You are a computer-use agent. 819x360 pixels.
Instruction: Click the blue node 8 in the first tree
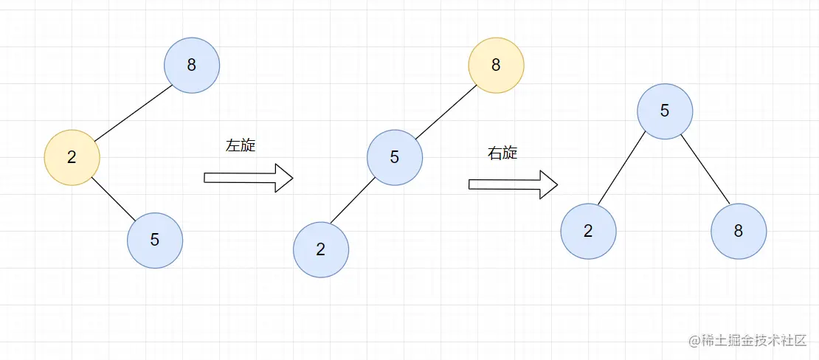click(192, 65)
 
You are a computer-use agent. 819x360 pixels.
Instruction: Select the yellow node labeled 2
click(72, 157)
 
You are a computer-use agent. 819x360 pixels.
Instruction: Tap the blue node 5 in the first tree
click(155, 240)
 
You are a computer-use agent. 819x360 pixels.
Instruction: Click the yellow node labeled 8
click(496, 65)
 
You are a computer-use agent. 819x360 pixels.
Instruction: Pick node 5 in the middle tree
click(395, 157)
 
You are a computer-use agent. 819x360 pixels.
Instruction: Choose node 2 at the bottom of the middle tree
click(321, 249)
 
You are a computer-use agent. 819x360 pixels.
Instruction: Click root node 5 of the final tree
click(665, 111)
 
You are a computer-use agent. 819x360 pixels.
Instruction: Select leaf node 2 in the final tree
click(588, 231)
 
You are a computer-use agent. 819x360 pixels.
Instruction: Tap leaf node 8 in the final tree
click(739, 231)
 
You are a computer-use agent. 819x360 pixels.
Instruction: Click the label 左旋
click(241, 145)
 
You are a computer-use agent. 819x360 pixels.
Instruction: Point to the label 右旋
click(502, 153)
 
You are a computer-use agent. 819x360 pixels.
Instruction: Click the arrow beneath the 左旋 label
click(248, 178)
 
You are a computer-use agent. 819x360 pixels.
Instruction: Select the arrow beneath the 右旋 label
click(513, 184)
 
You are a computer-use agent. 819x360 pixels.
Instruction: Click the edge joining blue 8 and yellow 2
click(133, 112)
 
